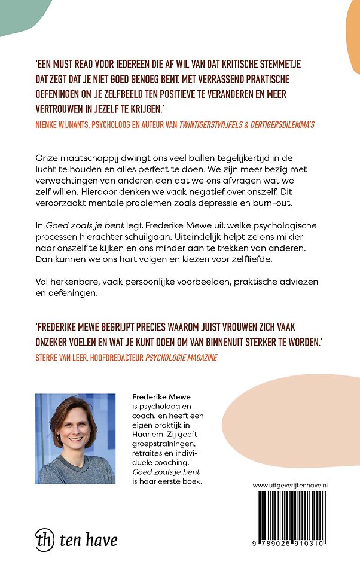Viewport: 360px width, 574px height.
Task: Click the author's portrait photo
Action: click(75, 438)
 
